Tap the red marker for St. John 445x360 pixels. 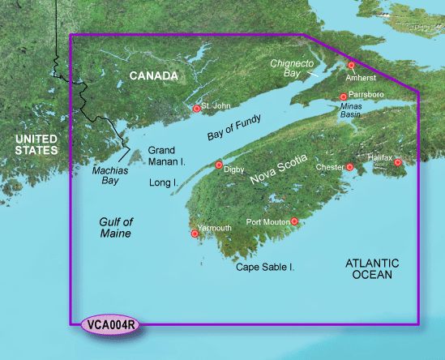(197, 108)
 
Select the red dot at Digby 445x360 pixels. (218, 165)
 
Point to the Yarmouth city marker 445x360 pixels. (194, 234)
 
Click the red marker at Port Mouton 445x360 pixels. (294, 221)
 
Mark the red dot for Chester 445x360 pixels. (350, 167)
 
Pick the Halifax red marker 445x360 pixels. (398, 163)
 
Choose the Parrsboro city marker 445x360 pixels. (344, 96)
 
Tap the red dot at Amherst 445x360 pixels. (351, 65)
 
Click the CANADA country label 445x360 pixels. (152, 76)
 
